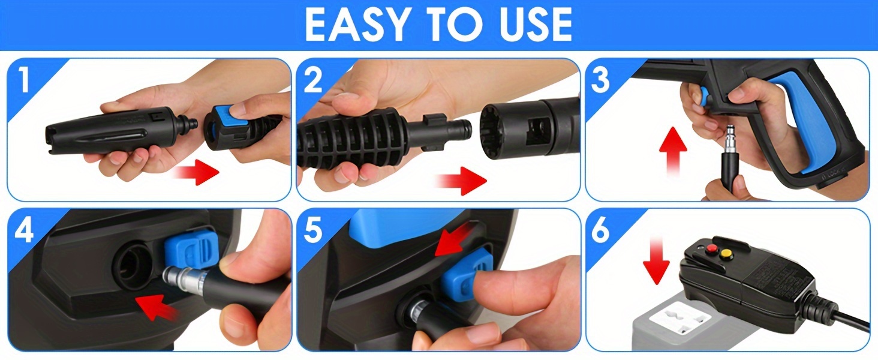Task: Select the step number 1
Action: [x=25, y=80]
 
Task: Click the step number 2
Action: [x=312, y=80]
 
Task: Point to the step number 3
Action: [x=600, y=80]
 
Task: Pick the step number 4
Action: [x=25, y=230]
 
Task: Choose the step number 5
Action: [x=313, y=230]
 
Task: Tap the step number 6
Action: [x=600, y=230]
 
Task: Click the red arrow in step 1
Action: [x=196, y=172]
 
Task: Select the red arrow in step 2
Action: [x=462, y=181]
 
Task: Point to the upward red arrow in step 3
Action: [x=673, y=151]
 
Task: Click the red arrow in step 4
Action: [x=157, y=307]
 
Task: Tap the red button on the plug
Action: [x=709, y=249]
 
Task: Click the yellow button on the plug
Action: [x=727, y=255]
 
